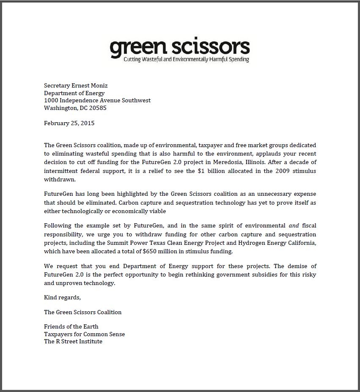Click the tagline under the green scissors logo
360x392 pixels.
[x=186, y=60]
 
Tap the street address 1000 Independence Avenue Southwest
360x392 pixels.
[x=97, y=101]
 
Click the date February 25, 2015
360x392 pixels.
[x=69, y=123]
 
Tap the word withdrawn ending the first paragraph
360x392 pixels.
[x=60, y=179]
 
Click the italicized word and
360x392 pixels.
[x=294, y=226]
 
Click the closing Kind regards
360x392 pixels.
[x=62, y=297]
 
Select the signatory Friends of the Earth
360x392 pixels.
[x=71, y=326]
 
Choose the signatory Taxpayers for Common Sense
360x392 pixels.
[x=84, y=334]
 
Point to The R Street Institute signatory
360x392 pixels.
[x=73, y=341]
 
